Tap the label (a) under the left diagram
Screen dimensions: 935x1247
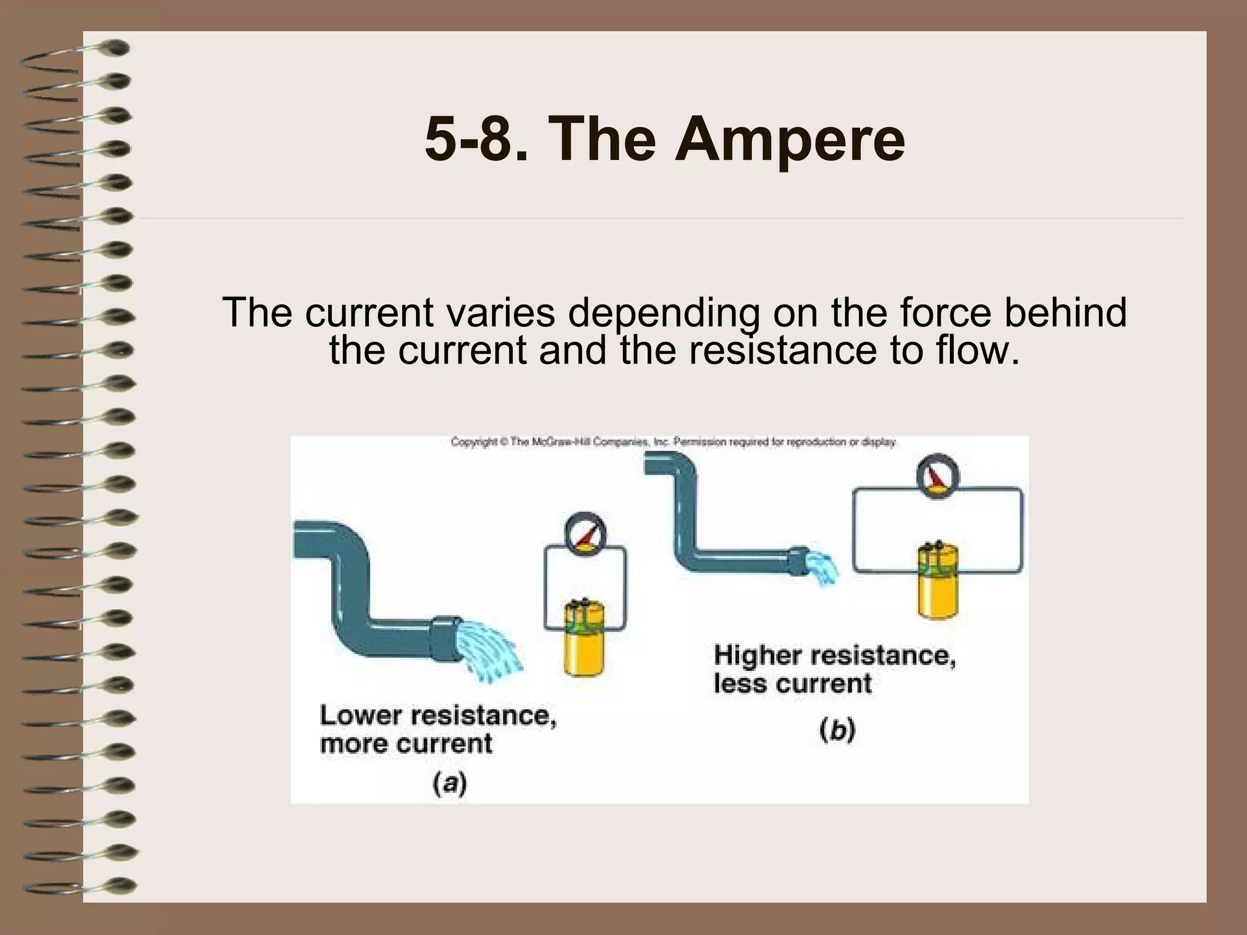point(450,783)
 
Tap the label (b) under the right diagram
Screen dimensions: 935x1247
point(837,730)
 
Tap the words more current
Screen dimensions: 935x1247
point(406,744)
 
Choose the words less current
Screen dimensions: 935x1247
point(793,684)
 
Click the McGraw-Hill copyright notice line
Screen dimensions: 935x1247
point(673,443)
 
